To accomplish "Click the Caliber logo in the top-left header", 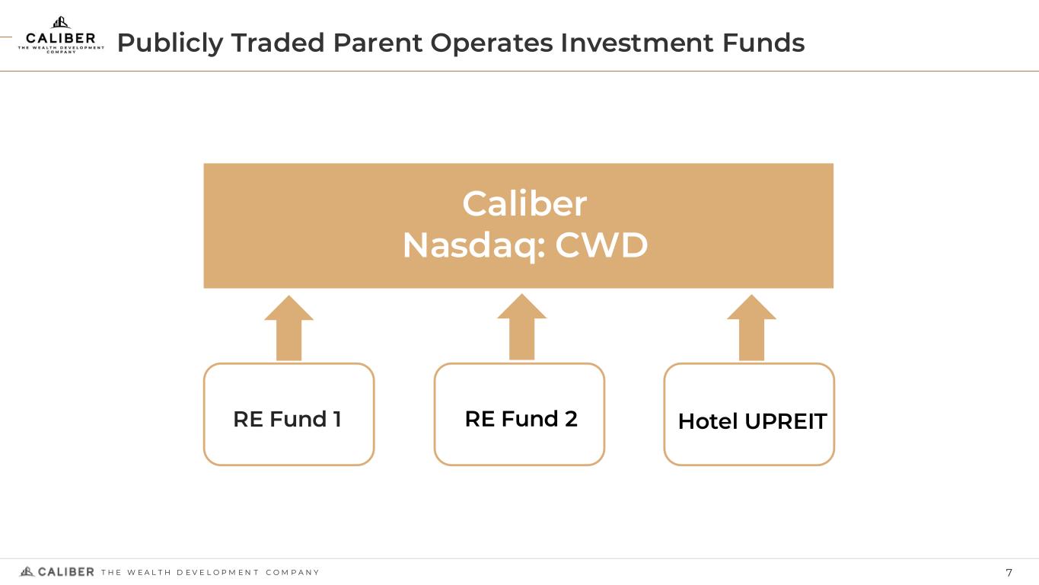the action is [x=61, y=35].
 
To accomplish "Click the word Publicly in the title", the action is [x=170, y=43].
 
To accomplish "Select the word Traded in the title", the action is [x=278, y=43].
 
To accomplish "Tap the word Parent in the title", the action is [x=378, y=43].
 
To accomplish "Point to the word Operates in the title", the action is [x=492, y=43].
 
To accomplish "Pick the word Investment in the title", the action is [x=637, y=43].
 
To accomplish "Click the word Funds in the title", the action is [x=763, y=43].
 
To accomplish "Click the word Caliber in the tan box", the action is [x=524, y=203].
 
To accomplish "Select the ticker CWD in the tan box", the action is [x=601, y=245].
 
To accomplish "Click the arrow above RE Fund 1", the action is [x=289, y=328].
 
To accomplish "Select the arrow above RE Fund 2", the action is [x=522, y=326].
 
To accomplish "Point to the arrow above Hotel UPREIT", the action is [x=751, y=328].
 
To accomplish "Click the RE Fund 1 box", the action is [x=289, y=414].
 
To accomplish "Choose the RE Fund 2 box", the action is [x=519, y=414].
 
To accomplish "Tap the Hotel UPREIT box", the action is [x=749, y=414].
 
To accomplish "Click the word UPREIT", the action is [x=786, y=421].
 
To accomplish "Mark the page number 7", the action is [x=1009, y=573].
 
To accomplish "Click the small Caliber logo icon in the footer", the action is [x=27, y=571].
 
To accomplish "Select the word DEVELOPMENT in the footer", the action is [x=218, y=573].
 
